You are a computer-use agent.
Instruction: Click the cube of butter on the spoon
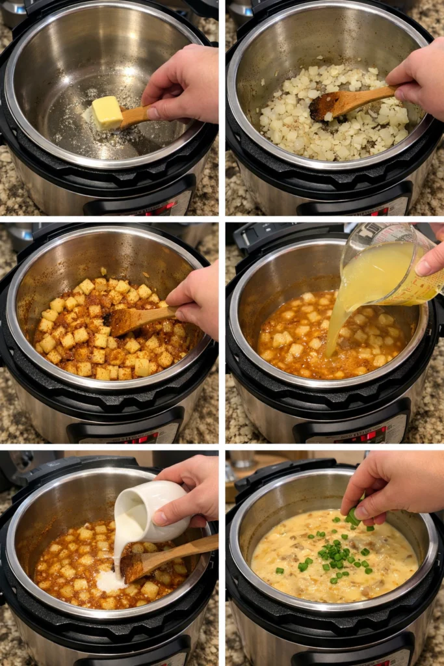coord(107,113)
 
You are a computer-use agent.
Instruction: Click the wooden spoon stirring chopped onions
coord(345,102)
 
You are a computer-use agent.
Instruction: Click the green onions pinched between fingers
coord(353,517)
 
